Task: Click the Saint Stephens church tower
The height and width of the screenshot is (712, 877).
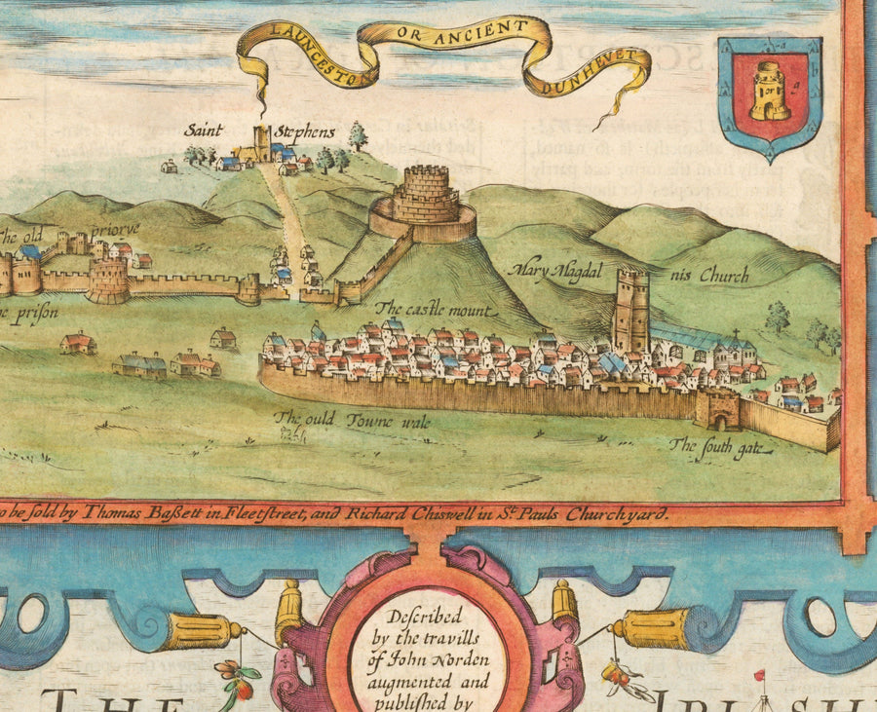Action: pos(261,142)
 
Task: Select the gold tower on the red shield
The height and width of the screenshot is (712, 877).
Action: pos(770,93)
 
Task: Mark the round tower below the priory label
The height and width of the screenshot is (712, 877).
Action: pos(107,281)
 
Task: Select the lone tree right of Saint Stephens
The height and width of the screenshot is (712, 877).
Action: pos(358,134)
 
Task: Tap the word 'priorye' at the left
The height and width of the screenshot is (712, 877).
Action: pos(115,230)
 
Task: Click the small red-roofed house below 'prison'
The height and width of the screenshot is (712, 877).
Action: pos(77,343)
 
